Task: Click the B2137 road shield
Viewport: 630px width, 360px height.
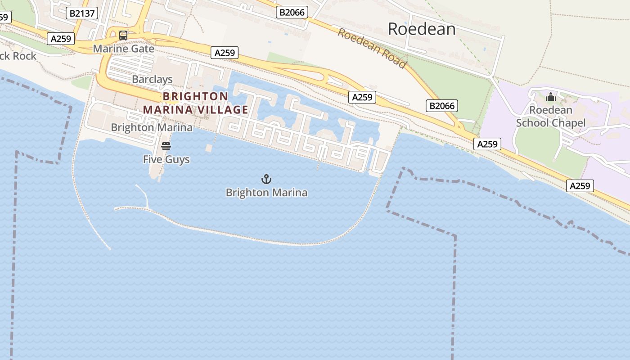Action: (82, 13)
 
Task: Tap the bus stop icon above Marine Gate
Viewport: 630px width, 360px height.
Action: (123, 35)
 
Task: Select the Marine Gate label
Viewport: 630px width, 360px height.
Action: (124, 49)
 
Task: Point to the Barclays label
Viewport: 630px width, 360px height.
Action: (152, 79)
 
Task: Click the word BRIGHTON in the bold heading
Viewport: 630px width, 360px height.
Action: (195, 96)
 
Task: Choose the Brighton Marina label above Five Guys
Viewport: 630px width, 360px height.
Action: (152, 127)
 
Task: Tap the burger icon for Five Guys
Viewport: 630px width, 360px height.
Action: (166, 146)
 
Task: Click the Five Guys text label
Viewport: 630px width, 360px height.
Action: (166, 159)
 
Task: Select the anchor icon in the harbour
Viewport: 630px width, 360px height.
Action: (266, 179)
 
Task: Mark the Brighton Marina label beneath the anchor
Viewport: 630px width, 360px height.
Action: (266, 193)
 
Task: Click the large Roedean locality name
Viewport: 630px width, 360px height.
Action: (421, 29)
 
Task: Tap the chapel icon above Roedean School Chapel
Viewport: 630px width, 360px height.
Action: (550, 97)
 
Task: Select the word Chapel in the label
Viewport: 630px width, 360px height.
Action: (569, 123)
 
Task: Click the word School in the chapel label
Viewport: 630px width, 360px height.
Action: (532, 123)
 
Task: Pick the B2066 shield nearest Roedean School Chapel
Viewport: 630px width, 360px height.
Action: (442, 106)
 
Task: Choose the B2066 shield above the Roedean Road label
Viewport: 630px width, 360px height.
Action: (292, 12)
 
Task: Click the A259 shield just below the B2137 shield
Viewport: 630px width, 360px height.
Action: (61, 39)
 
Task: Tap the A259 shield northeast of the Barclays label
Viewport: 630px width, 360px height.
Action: (225, 53)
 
